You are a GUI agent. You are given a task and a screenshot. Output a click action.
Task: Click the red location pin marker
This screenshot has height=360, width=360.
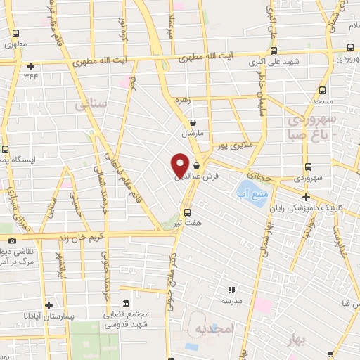(180, 164)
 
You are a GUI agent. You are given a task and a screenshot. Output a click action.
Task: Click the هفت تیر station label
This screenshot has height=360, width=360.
(188, 223)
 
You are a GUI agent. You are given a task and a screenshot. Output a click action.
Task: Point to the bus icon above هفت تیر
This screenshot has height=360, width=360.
(187, 212)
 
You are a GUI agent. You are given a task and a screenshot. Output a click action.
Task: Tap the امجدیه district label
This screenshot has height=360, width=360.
(211, 329)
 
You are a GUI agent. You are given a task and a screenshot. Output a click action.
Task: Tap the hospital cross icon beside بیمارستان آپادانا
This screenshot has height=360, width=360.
(48, 305)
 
